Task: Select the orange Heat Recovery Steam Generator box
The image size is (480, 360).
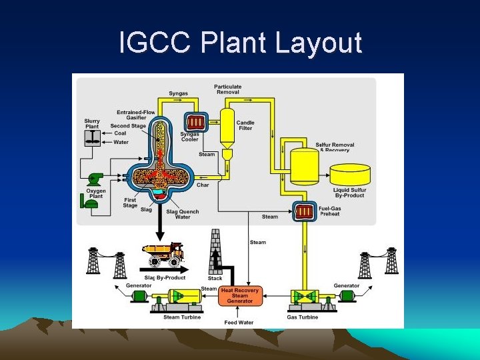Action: point(240,296)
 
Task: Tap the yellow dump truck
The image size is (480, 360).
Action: point(163,254)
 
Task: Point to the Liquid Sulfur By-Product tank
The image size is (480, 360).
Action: point(351,174)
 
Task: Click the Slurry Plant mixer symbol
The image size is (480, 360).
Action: point(92,138)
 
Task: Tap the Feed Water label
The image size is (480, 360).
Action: point(239,323)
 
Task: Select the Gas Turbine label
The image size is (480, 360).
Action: point(303,317)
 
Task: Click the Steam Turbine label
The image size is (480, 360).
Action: point(181,317)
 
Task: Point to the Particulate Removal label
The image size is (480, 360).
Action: point(228,89)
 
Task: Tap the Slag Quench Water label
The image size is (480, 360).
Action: point(183,215)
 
